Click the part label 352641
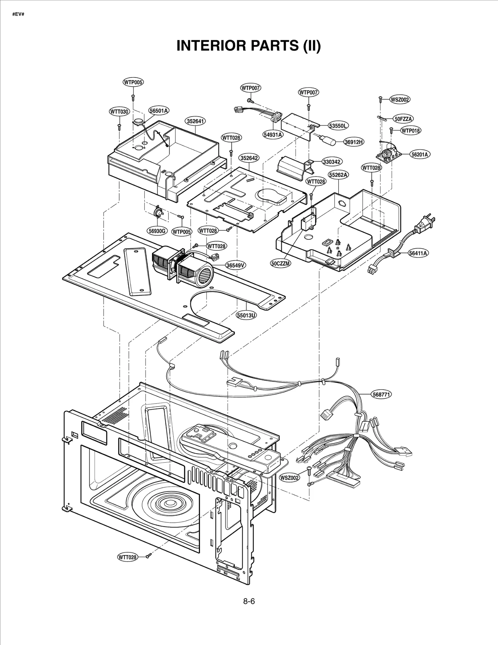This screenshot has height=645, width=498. click(x=196, y=121)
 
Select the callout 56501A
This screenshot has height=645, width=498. click(x=159, y=110)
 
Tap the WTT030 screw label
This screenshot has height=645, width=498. click(x=120, y=111)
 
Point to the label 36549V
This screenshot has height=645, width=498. click(x=236, y=265)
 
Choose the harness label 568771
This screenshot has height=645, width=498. click(x=381, y=394)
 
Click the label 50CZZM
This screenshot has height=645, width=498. click(x=280, y=263)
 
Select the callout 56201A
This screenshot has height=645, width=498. click(x=419, y=154)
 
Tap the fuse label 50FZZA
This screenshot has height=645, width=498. click(x=403, y=119)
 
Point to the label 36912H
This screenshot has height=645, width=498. click(x=354, y=142)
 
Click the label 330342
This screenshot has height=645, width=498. click(x=332, y=162)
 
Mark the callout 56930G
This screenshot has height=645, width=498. click(x=157, y=231)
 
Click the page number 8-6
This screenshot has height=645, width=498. click(x=249, y=601)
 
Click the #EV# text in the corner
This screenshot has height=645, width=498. click(x=18, y=15)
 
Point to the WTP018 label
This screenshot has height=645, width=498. click(x=410, y=130)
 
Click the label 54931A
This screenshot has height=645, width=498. click(x=273, y=134)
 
